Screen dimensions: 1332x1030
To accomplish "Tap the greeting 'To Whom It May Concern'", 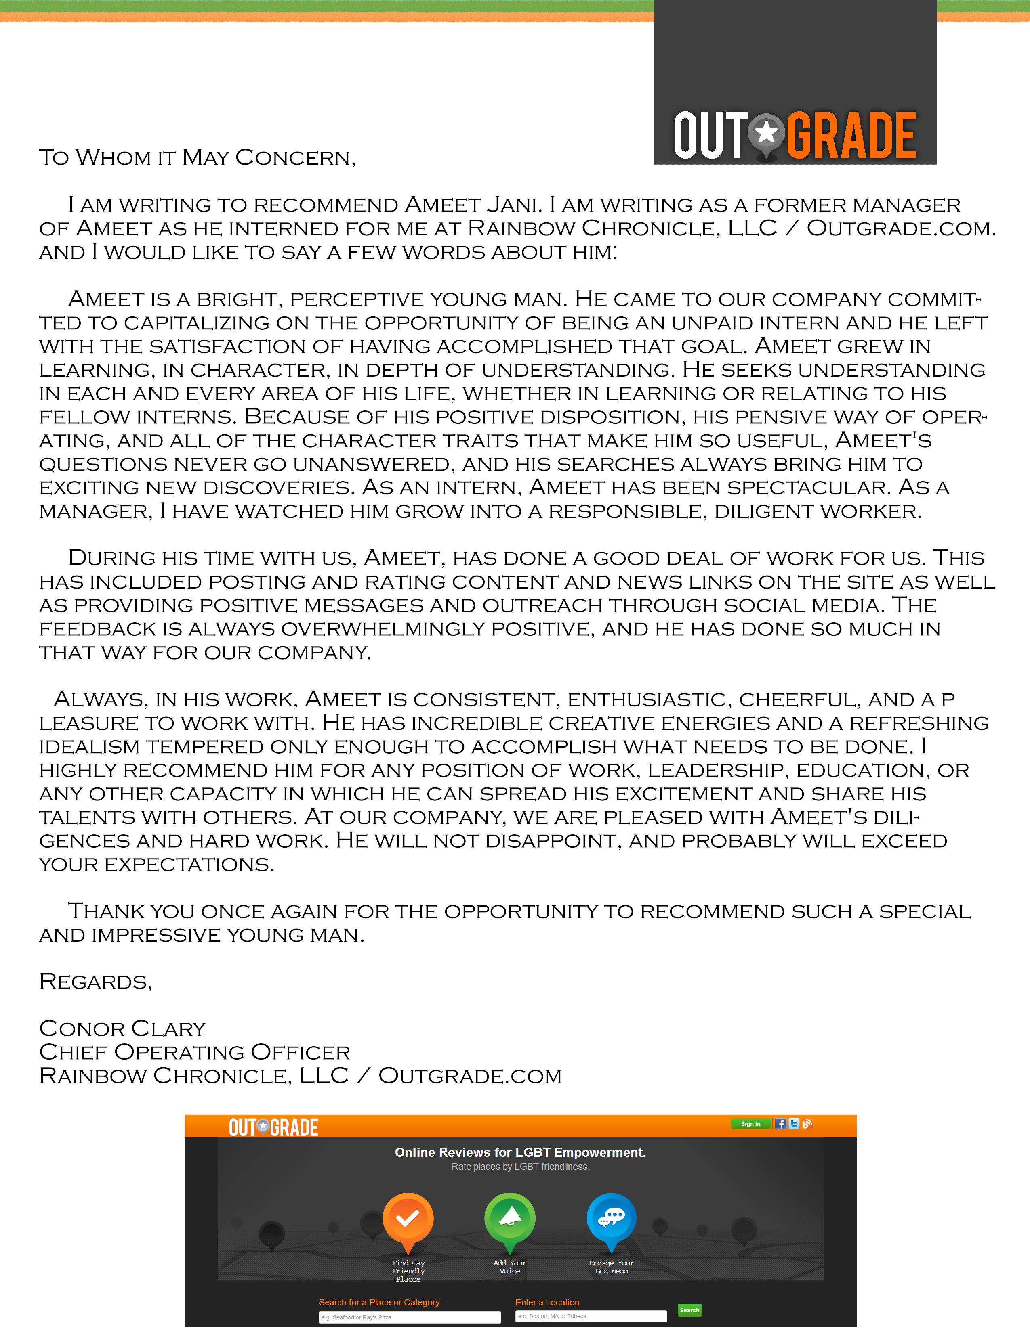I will click(197, 157).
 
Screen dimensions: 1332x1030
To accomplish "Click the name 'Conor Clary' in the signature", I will click(122, 1028).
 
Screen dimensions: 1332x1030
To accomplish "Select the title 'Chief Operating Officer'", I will click(194, 1052).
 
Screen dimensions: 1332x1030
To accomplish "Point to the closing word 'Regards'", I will click(95, 981).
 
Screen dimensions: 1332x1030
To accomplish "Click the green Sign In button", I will click(750, 1123).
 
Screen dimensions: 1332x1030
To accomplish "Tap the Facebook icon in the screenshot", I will click(780, 1123).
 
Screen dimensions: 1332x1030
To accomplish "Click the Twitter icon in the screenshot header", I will click(794, 1123).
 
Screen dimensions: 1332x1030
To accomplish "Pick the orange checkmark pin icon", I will click(408, 1219).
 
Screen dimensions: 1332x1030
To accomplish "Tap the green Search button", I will click(689, 1310).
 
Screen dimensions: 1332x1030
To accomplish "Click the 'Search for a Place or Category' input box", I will click(410, 1317).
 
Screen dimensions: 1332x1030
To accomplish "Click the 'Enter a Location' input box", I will click(591, 1316).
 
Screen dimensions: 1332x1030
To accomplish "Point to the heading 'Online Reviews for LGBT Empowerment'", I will click(520, 1152).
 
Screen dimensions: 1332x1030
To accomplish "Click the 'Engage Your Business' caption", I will click(612, 1267).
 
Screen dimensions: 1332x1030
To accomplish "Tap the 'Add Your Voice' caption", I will click(509, 1267).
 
